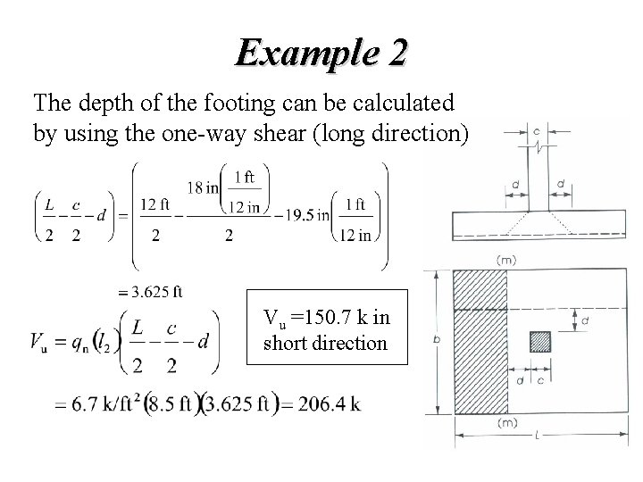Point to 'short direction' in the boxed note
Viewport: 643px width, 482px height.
tap(325, 342)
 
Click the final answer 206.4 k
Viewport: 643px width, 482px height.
tap(330, 404)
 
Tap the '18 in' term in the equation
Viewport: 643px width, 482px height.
tap(205, 187)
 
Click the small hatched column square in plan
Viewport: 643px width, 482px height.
tap(539, 342)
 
